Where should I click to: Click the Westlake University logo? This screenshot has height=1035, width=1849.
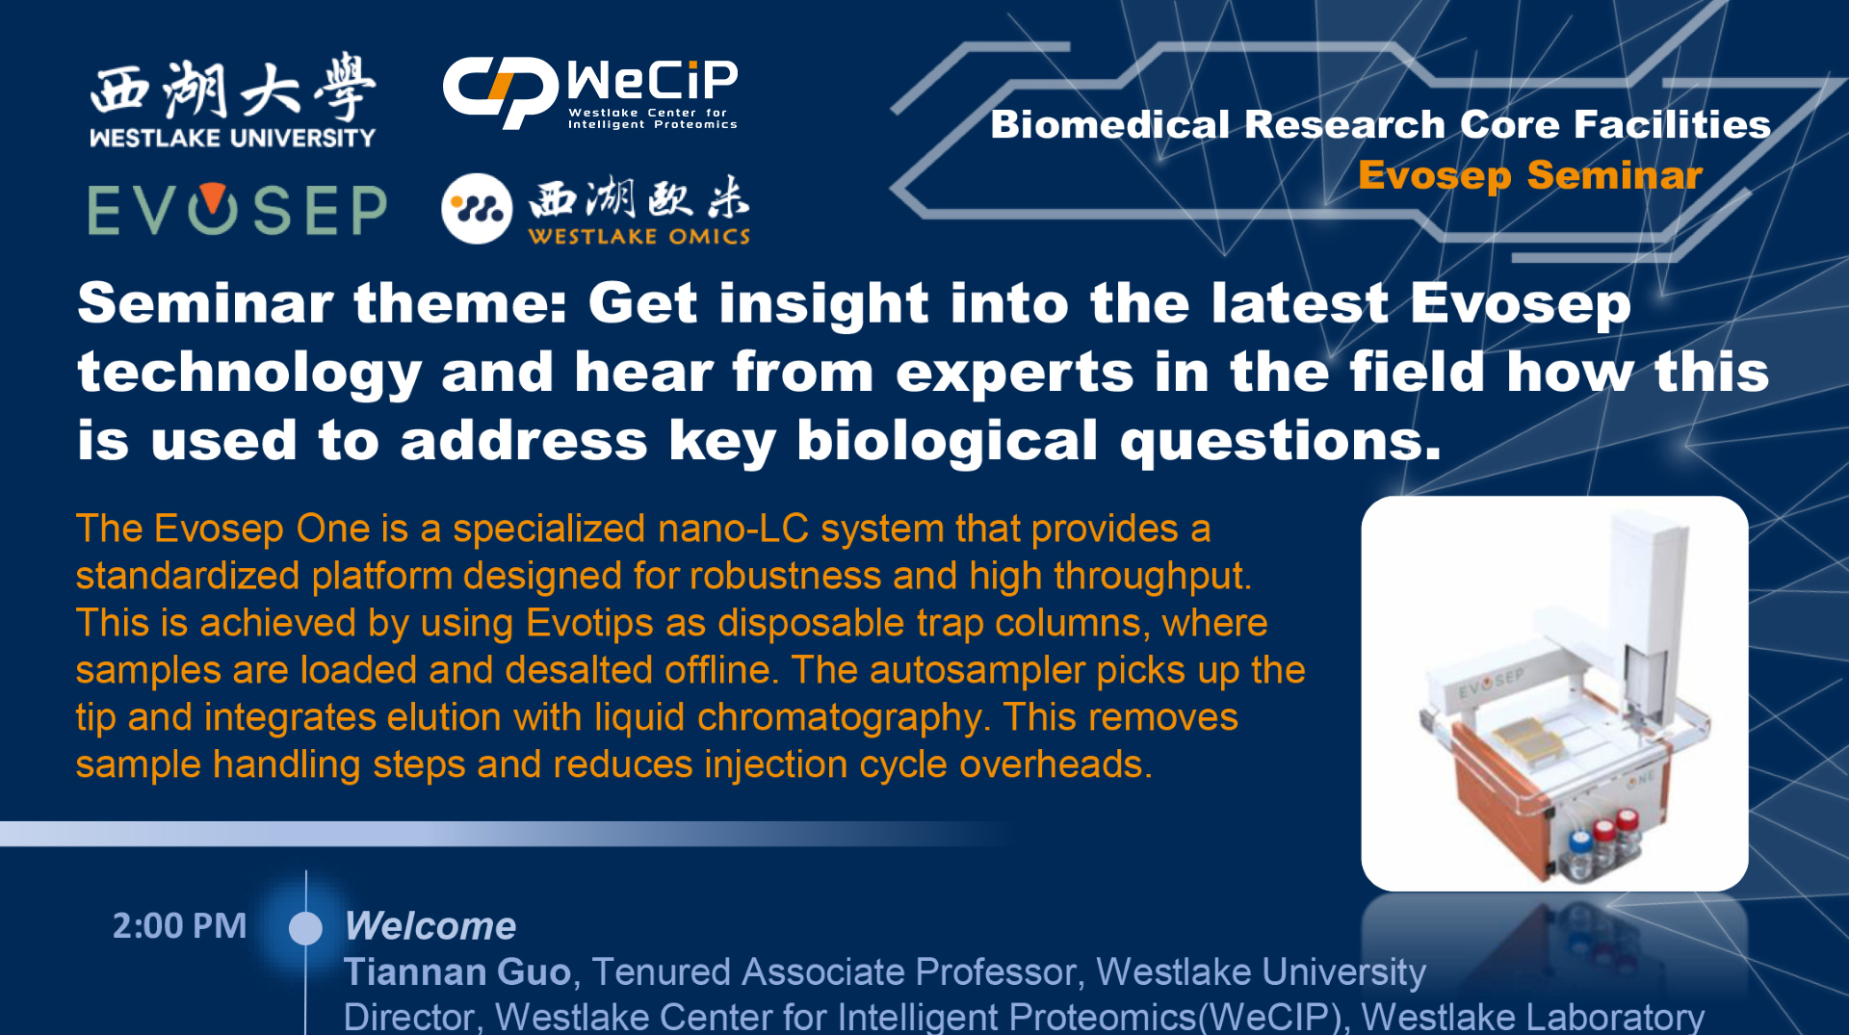[x=232, y=101]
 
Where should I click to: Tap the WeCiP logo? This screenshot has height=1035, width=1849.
[x=590, y=93]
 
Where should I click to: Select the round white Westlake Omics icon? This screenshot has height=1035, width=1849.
[x=477, y=208]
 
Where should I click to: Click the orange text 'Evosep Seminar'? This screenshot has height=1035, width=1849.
[x=1530, y=175]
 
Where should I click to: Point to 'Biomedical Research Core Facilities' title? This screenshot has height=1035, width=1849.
[x=1381, y=124]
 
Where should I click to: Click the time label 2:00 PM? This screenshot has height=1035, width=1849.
[x=179, y=925]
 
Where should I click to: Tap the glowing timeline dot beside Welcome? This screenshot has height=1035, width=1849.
[x=305, y=928]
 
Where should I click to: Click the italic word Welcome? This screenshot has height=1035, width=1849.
[x=430, y=926]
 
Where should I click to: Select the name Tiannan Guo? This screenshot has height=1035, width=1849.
[x=458, y=971]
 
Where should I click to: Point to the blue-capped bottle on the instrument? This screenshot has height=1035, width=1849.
[x=1579, y=852]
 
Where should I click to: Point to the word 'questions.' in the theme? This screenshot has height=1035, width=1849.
[x=1281, y=442]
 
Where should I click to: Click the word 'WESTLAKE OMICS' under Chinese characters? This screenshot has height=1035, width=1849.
[x=638, y=236]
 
